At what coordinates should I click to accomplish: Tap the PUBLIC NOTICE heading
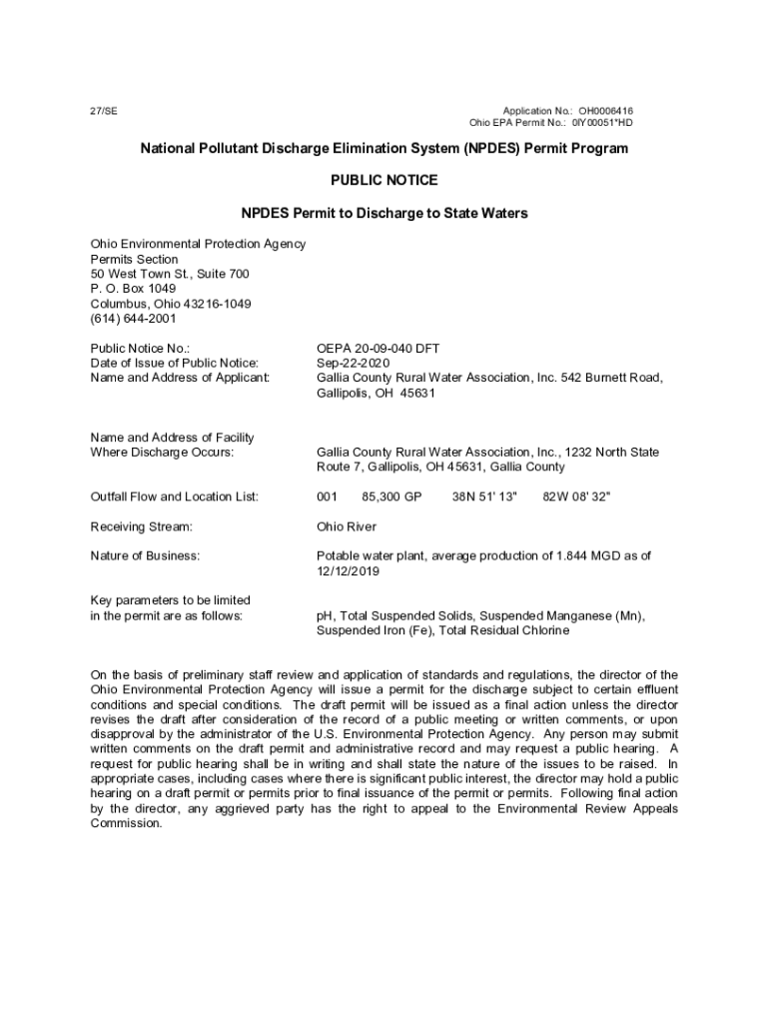coord(384,181)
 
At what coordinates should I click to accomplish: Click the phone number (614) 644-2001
coord(133,319)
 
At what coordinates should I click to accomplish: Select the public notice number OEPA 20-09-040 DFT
coord(378,349)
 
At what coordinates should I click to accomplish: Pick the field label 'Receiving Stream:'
coord(141,526)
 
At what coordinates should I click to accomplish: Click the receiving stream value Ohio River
coord(347,526)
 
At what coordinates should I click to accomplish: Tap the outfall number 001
coord(327,497)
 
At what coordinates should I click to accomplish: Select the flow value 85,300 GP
coord(392,497)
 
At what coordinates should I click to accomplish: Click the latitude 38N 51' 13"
coord(484,497)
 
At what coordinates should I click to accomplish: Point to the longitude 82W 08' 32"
coord(576,497)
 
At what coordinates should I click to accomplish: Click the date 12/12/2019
coord(348,571)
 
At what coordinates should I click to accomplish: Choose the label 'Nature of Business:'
coord(145,555)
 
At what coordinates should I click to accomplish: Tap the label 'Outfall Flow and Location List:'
coord(175,497)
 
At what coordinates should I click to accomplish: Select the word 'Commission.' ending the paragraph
coord(126,823)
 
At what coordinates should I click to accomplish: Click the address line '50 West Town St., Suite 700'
coord(170,274)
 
